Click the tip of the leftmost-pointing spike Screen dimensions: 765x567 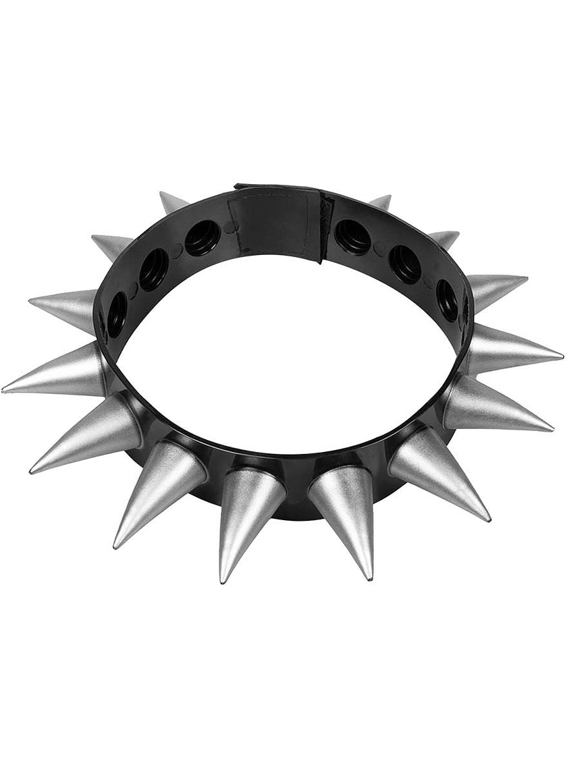point(4,390)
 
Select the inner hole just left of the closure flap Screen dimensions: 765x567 point(202,237)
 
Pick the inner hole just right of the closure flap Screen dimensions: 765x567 point(353,236)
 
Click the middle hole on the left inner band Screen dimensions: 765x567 point(154,268)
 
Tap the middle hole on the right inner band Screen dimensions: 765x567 point(405,263)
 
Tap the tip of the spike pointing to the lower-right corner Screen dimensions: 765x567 point(488,519)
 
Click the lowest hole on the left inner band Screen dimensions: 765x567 point(116,313)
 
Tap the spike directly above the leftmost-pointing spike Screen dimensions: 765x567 point(64,307)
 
